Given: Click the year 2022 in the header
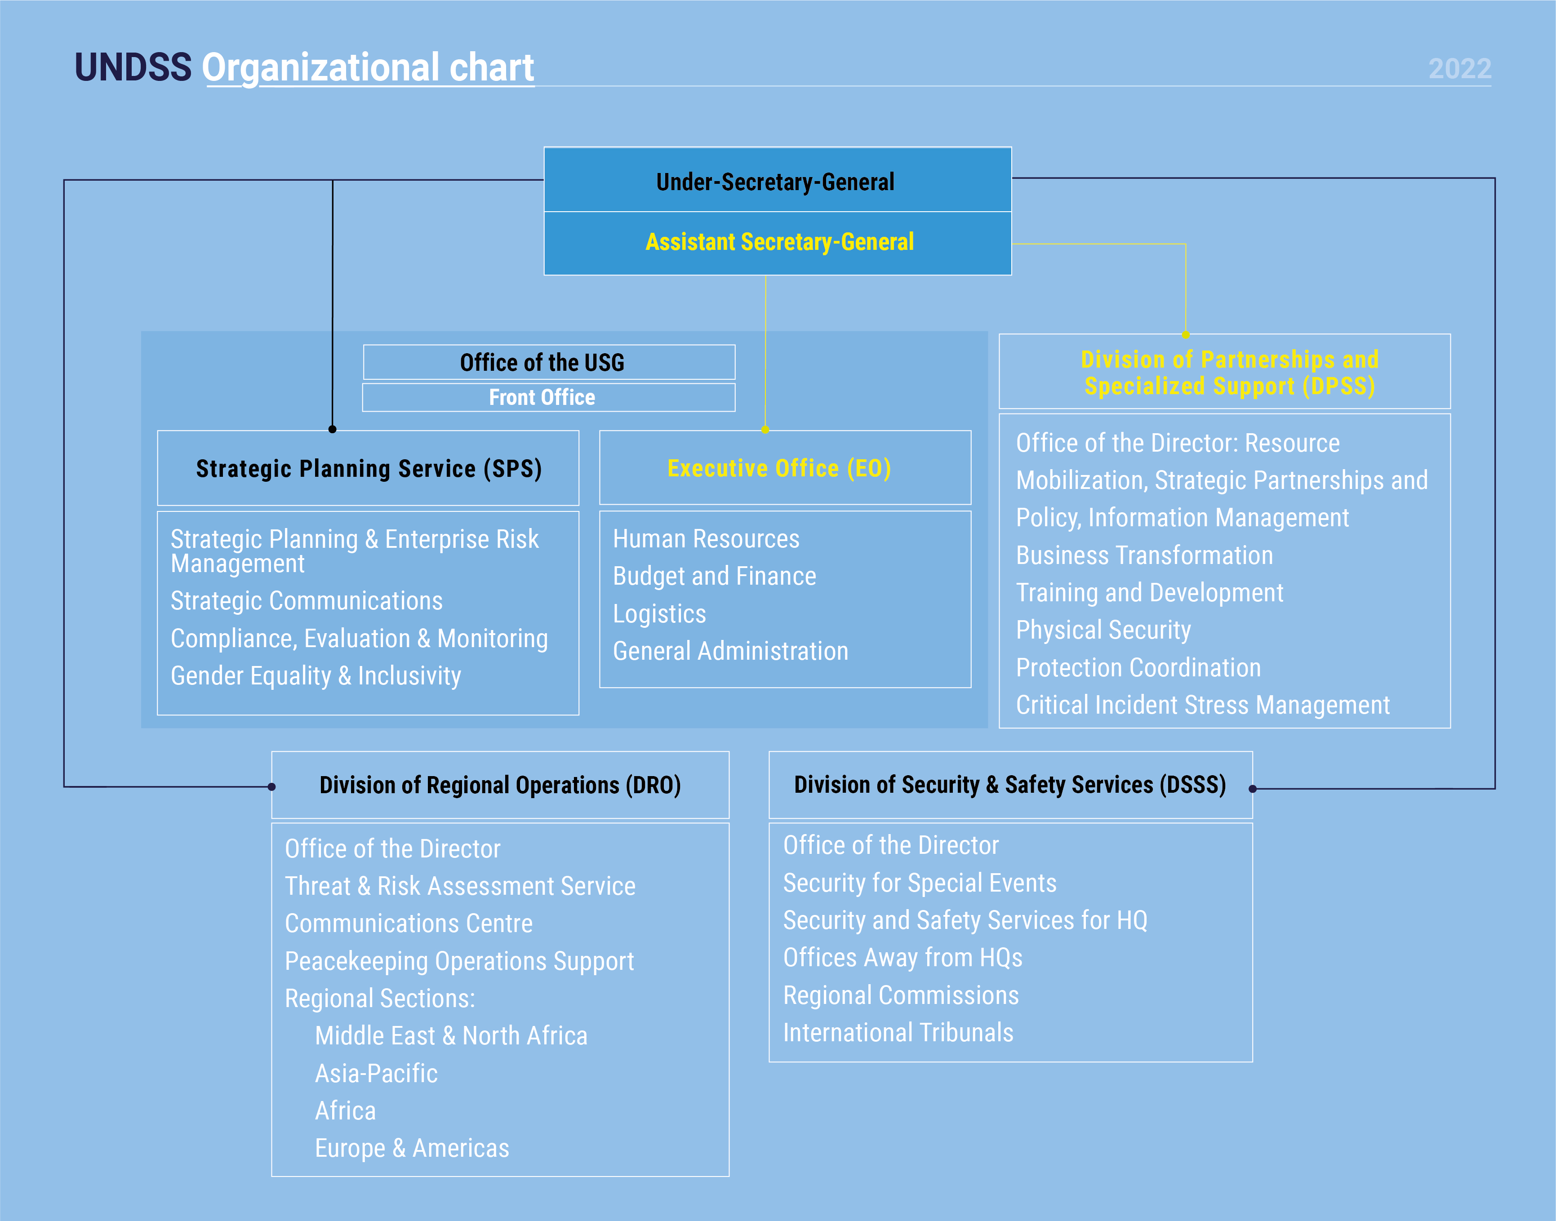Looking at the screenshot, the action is [x=1459, y=69].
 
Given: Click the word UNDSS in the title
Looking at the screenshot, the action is [x=133, y=68].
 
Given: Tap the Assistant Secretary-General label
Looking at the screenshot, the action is [x=779, y=242].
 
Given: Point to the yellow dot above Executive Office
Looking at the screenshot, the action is [x=765, y=430].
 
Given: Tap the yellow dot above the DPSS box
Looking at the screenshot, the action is [x=1186, y=334].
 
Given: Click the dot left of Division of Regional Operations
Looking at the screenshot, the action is [x=272, y=786].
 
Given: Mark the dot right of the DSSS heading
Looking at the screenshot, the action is [x=1253, y=789].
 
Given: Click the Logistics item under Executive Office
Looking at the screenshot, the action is [x=659, y=613].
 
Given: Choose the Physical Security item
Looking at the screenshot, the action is [x=1103, y=630].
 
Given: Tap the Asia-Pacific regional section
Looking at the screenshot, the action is [x=376, y=1073].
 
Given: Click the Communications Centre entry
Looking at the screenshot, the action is [x=408, y=923].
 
